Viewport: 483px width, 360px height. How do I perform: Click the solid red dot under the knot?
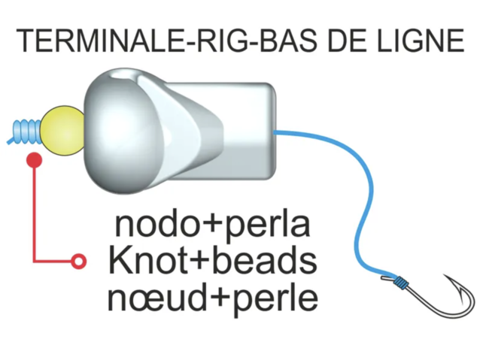(34, 159)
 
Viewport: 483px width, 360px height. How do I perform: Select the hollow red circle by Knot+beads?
(77, 261)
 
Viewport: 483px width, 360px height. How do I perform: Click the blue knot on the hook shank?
(401, 283)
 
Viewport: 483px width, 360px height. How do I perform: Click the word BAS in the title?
(284, 41)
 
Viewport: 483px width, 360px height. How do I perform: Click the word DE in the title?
(340, 41)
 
